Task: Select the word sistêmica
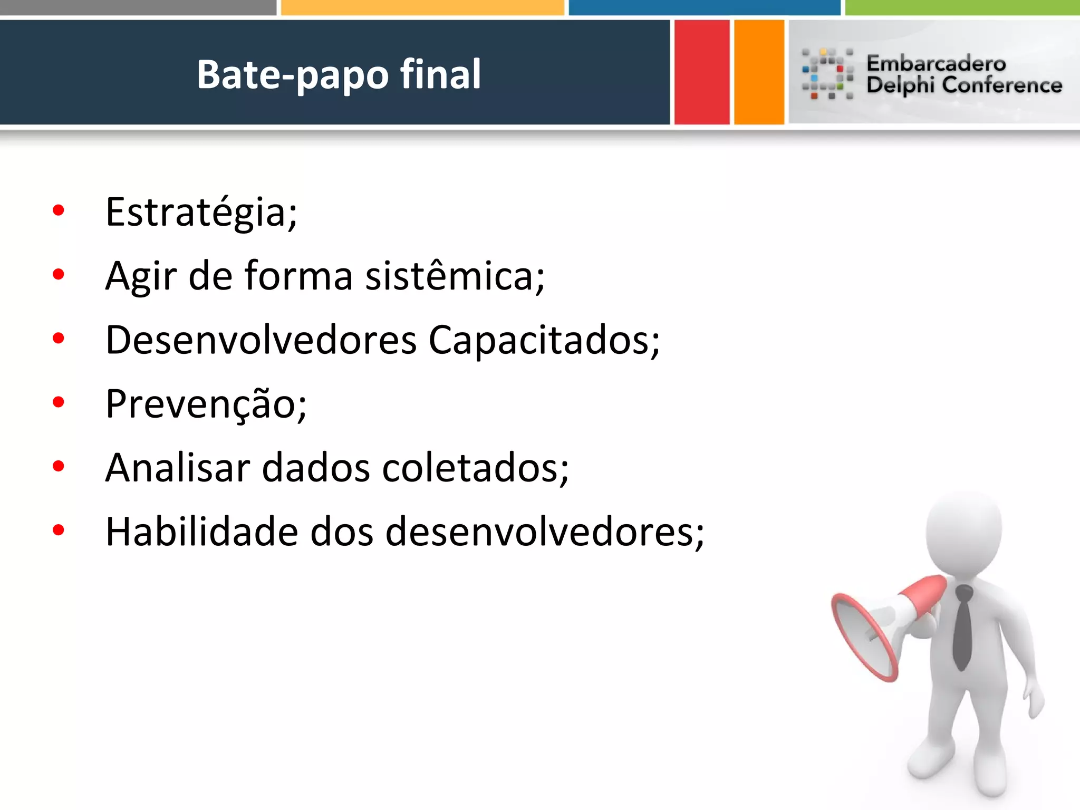[x=454, y=276]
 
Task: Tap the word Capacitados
[x=543, y=341]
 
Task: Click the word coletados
[x=475, y=468]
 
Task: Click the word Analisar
[x=177, y=468]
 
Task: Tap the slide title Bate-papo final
[x=339, y=74]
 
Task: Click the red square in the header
[x=701, y=72]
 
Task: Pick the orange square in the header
[x=759, y=72]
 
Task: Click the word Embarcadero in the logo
[x=936, y=63]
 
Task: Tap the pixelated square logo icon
[x=827, y=74]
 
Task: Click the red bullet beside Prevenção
[x=59, y=402]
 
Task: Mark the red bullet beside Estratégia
[x=59, y=210]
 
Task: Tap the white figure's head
[x=964, y=533]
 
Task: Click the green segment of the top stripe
[x=962, y=7]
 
